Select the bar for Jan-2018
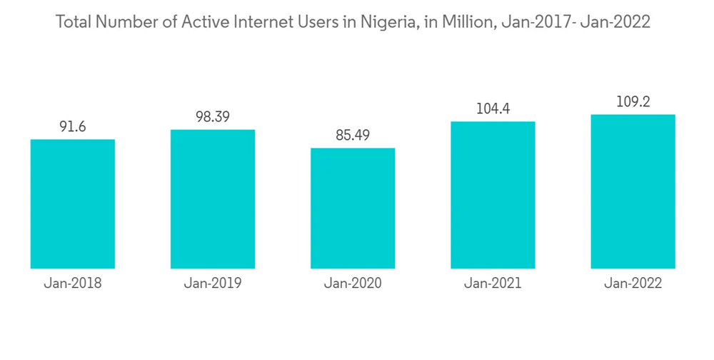tap(73, 204)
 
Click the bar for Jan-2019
tap(213, 199)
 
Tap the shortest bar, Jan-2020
tap(353, 208)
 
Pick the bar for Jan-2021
tap(493, 195)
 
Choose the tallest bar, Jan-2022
tap(633, 191)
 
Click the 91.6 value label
tap(73, 126)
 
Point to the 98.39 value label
tap(213, 117)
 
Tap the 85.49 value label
tap(353, 136)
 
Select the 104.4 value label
tap(493, 109)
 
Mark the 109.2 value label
tap(633, 102)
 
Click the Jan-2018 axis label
tap(73, 284)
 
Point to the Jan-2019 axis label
tap(213, 284)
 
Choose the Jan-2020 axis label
tap(353, 284)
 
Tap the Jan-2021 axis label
tap(493, 284)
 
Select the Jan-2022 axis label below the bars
tap(633, 284)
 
